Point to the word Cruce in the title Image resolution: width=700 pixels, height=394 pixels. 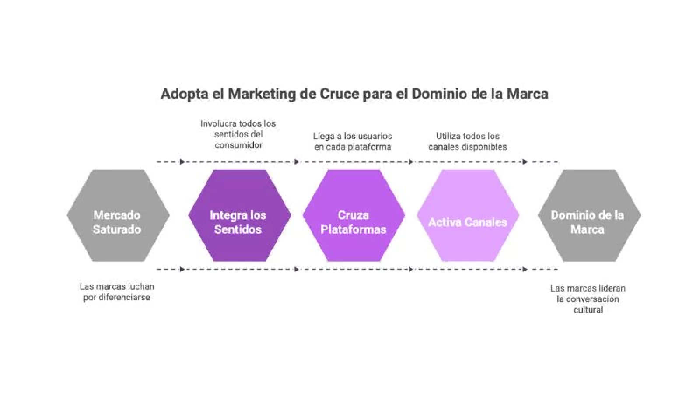tap(339, 94)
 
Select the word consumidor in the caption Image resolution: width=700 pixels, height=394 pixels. tap(238, 145)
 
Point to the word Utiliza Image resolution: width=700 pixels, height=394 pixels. tap(449, 137)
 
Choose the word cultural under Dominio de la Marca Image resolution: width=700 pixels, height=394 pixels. tap(588, 310)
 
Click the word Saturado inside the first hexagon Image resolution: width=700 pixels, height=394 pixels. tap(117, 229)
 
